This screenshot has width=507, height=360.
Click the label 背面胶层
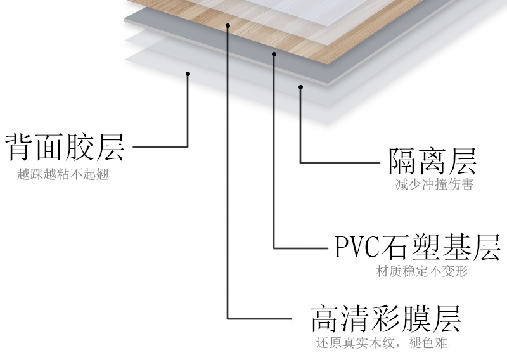(65, 147)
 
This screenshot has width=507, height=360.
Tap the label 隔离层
(432, 162)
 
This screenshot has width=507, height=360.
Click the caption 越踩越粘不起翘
(63, 174)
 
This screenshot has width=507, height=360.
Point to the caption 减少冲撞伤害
(433, 185)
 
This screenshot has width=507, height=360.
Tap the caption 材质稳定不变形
(421, 272)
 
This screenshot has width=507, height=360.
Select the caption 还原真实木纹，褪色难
(382, 344)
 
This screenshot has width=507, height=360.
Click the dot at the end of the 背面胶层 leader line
(188, 74)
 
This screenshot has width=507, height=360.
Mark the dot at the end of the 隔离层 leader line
(301, 87)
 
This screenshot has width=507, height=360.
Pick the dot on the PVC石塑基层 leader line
(274, 55)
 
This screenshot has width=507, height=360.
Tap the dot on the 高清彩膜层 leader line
(228, 26)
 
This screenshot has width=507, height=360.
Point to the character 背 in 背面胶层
(20, 147)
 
